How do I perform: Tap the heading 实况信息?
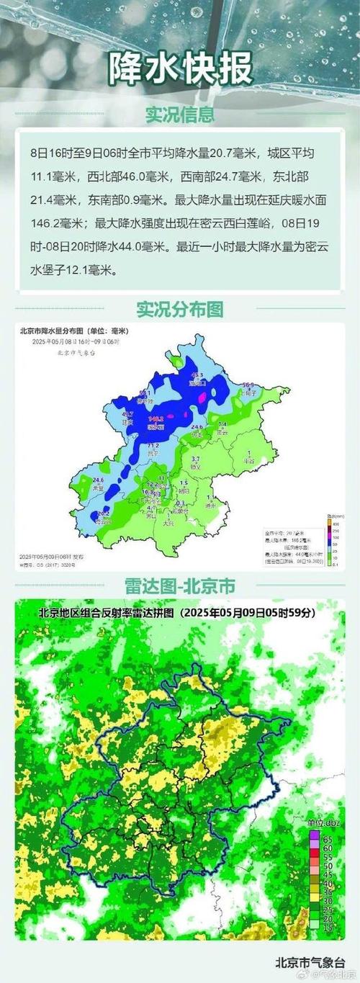180,115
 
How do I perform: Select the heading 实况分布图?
180,309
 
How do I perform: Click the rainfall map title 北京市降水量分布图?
65,331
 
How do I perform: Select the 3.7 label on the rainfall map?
194,459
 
